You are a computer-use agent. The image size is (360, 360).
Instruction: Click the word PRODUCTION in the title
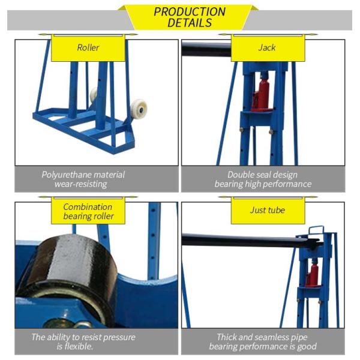(190, 12)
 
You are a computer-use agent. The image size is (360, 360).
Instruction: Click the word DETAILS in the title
(190, 23)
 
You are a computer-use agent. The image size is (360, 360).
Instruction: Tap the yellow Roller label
(88, 48)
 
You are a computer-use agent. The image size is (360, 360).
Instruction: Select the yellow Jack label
(268, 48)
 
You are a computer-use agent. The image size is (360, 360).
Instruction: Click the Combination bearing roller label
(88, 211)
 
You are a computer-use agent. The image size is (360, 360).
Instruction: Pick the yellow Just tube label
(268, 211)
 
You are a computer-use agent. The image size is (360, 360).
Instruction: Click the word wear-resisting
(80, 184)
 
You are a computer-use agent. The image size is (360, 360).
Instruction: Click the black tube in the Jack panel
(206, 50)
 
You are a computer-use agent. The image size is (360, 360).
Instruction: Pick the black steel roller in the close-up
(71, 275)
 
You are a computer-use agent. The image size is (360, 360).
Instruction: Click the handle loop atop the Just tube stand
(316, 230)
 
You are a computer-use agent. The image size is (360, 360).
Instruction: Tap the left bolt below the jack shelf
(242, 130)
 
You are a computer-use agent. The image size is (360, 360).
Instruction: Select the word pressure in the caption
(119, 337)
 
